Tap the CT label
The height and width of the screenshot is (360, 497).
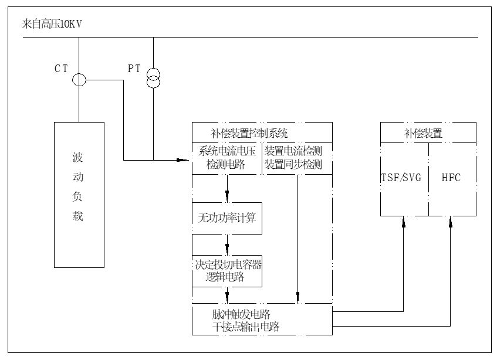[62, 69]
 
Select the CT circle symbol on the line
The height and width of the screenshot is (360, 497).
[79, 80]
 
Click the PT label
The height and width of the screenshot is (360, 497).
[134, 69]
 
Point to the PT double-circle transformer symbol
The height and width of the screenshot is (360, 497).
[153, 77]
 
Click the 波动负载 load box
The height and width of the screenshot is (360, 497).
[79, 194]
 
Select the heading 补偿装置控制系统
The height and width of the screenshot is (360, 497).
[249, 133]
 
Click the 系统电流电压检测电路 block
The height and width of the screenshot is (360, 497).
[227, 158]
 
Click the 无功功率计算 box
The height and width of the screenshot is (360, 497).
[227, 219]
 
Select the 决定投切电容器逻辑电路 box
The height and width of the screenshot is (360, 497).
[227, 271]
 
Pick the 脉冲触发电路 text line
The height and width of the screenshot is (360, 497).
[237, 313]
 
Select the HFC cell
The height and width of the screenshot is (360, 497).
[451, 178]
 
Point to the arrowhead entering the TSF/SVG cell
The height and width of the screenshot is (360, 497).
[404, 220]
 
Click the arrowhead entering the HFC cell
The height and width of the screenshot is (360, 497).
[451, 220]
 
